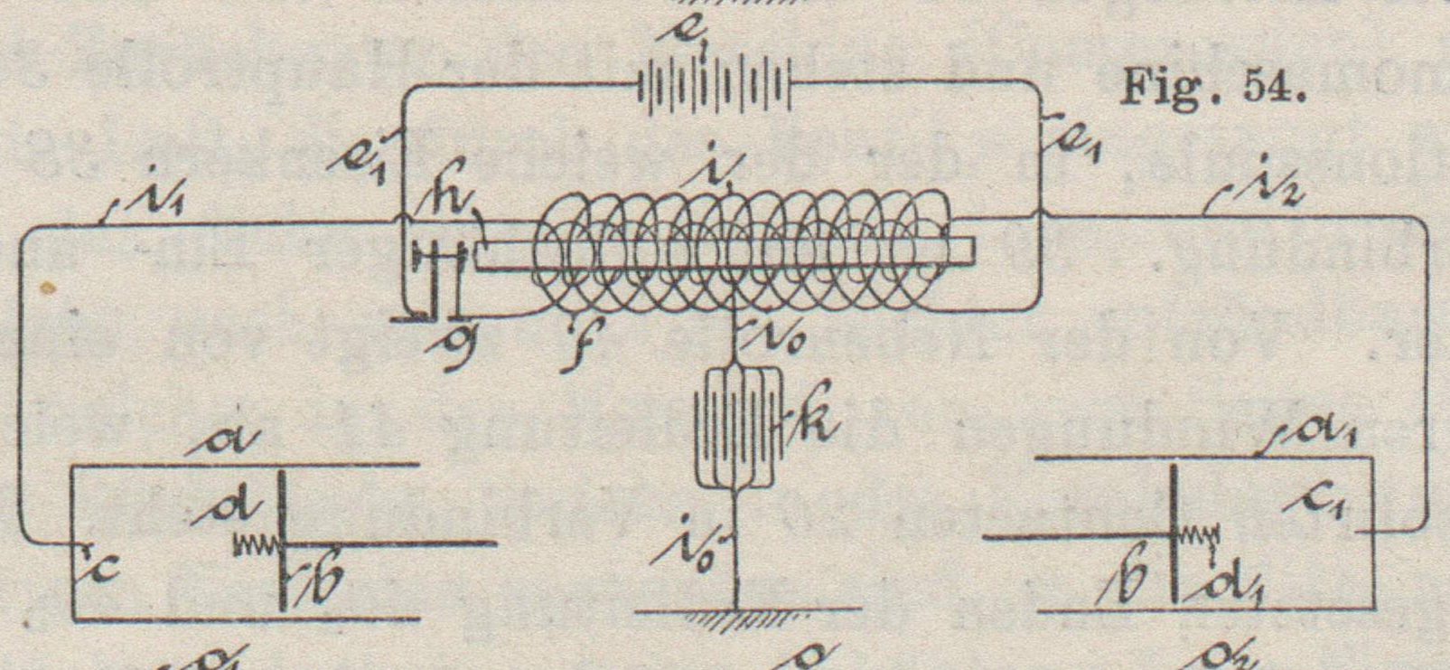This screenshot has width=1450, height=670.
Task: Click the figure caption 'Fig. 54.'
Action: [1213, 89]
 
